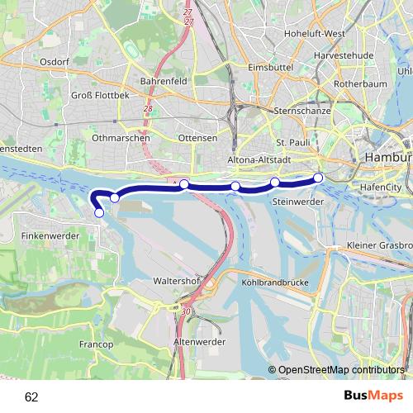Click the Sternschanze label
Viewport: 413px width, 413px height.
301,110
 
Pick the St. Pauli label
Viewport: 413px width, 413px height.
292,142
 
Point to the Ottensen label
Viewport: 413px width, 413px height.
197,138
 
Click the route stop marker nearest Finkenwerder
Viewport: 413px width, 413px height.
99,213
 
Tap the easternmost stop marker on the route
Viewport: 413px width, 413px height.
318,177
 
